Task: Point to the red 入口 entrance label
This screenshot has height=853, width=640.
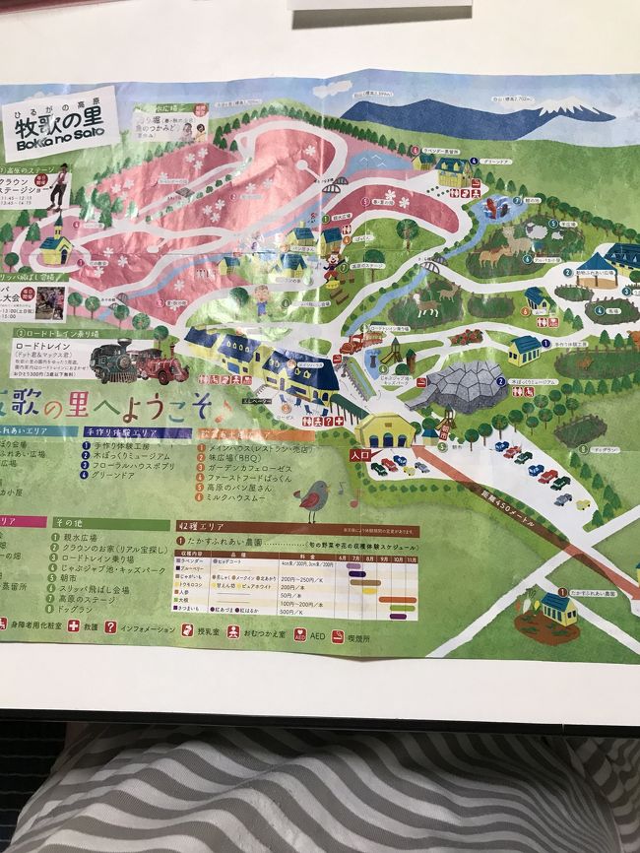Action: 361,454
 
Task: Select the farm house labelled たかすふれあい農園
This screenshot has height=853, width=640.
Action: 558,609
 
